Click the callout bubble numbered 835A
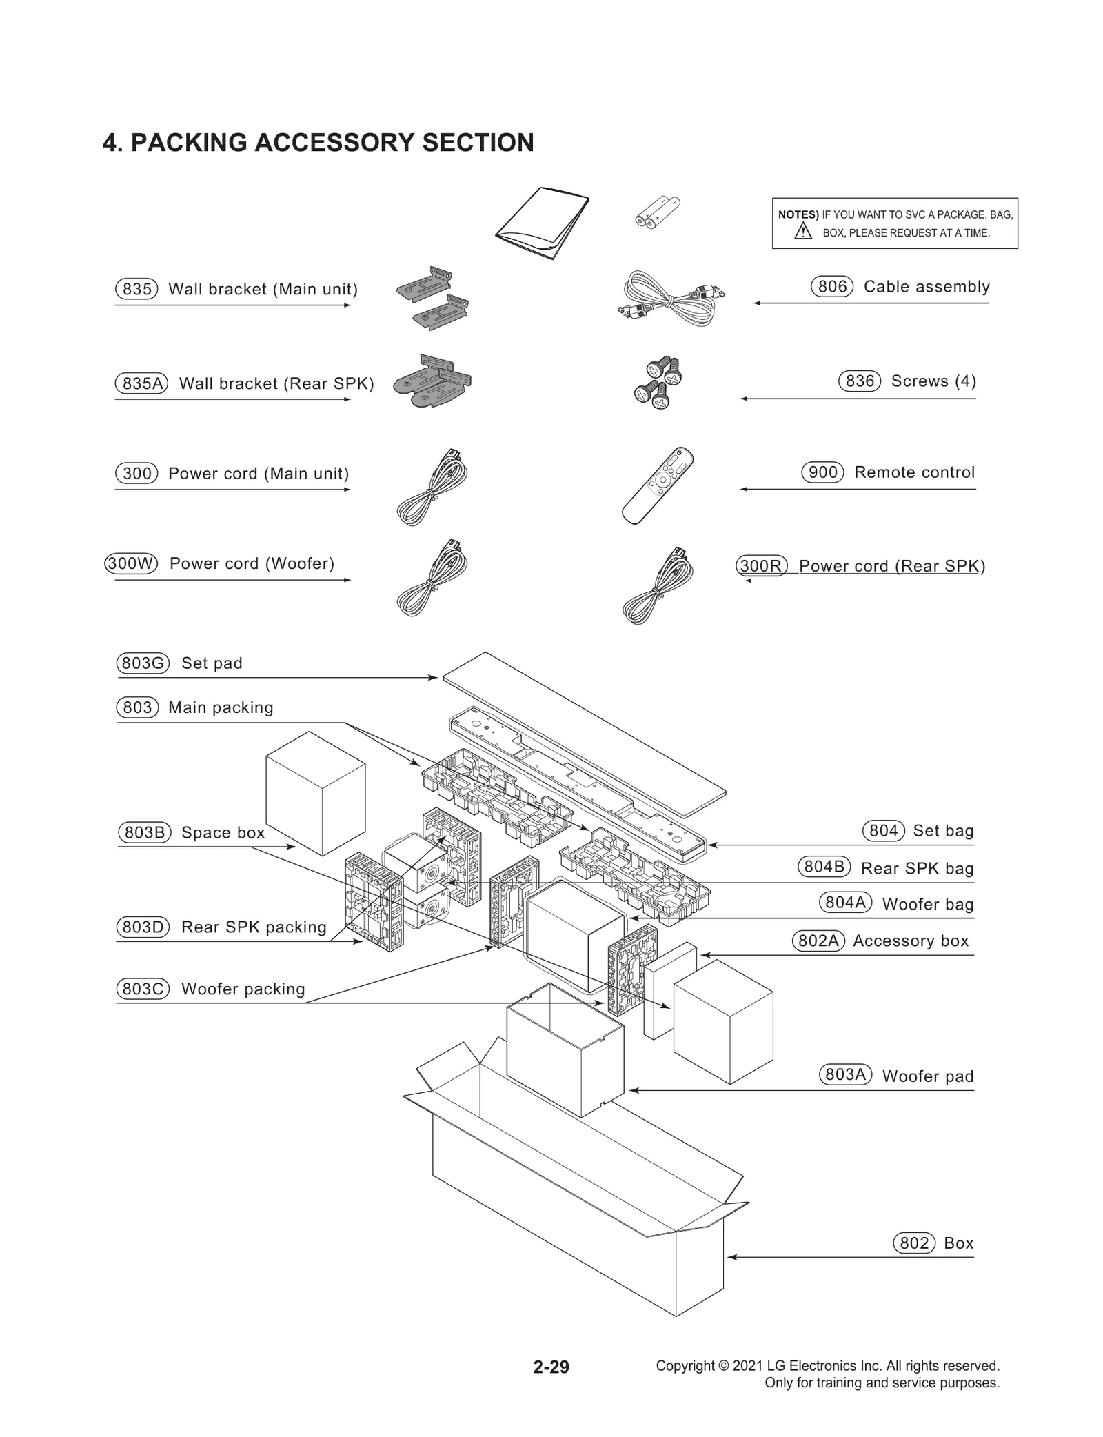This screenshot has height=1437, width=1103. (141, 383)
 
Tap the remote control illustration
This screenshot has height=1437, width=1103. (657, 485)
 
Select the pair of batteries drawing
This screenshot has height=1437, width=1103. (657, 212)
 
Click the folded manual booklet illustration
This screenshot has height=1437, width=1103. (543, 222)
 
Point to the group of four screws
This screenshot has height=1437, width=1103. (658, 382)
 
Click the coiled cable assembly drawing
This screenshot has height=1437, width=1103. (670, 299)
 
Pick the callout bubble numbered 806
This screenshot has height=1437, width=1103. (832, 286)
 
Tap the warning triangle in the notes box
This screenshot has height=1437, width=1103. (803, 232)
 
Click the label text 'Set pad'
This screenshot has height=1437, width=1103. (212, 663)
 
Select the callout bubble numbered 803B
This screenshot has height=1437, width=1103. (144, 833)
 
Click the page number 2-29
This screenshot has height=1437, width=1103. (551, 1367)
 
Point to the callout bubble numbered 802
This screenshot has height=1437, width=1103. (914, 1243)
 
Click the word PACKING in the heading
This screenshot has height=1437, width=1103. (189, 143)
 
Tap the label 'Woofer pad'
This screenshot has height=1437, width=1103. (927, 1076)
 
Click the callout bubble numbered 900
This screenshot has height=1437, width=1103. (822, 472)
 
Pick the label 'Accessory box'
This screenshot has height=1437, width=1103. (911, 941)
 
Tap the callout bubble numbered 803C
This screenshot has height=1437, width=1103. (143, 989)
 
